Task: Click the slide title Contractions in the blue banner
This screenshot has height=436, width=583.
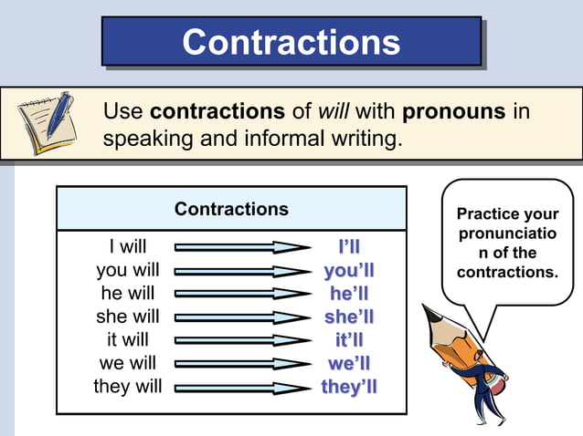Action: click(x=291, y=42)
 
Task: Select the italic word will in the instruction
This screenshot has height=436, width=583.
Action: click(x=334, y=112)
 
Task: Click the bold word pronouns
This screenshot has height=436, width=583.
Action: click(x=454, y=112)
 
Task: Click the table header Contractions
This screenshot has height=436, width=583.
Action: click(x=231, y=209)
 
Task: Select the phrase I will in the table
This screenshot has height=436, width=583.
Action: click(x=127, y=246)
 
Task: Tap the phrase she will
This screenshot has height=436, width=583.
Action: click(x=127, y=317)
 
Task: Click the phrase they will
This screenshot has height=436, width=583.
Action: click(x=127, y=386)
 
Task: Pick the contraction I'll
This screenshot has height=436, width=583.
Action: click(x=349, y=247)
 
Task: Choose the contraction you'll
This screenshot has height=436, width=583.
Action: click(x=349, y=271)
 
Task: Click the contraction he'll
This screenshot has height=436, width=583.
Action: click(x=349, y=294)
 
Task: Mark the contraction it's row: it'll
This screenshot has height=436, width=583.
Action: click(x=349, y=340)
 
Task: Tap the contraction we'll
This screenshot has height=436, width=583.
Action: click(x=349, y=363)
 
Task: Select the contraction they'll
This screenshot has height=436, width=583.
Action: click(x=349, y=387)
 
